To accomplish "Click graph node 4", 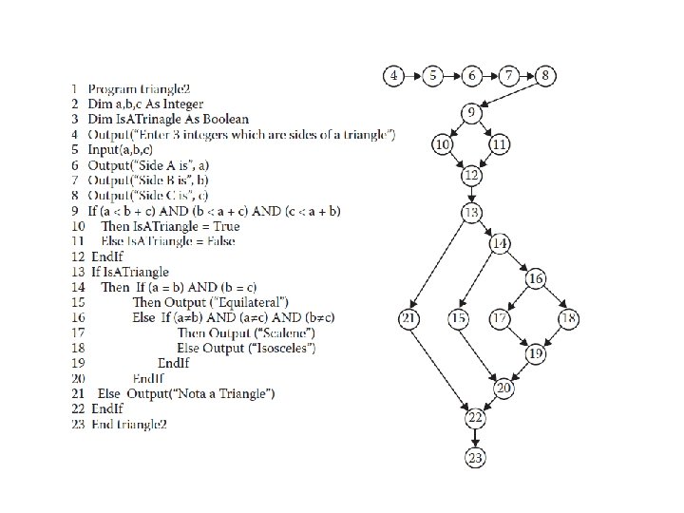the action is point(394,74).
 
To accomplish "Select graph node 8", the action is point(547,74).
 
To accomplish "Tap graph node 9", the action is point(472,114).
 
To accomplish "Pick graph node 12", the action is point(472,175).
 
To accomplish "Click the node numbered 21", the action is point(409,319).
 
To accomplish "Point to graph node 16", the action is point(537,278).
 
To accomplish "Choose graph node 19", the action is point(537,353).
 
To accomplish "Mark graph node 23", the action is point(475,459).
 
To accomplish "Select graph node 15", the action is point(461,319).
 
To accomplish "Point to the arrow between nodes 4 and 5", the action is point(413,74).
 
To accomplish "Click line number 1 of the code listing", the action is point(74,89).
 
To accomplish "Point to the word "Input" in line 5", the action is point(104,150).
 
